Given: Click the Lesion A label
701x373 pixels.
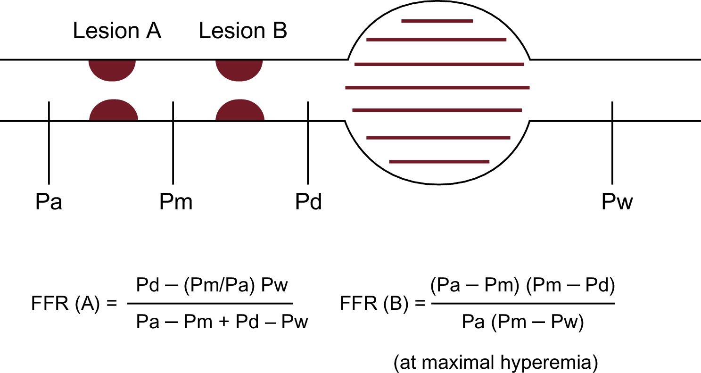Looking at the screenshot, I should pos(117,32).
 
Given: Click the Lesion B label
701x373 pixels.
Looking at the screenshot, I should pos(243,32).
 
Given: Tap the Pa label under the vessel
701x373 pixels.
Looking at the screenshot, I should pos(49,202).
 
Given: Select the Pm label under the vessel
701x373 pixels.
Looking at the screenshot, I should pos(176,202).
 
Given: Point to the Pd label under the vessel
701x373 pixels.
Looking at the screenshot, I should pos(308,202).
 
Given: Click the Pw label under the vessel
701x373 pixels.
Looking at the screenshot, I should pos(617,202).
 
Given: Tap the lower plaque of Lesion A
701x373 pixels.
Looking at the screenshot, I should pos(114,111).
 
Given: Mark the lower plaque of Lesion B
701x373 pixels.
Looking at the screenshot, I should pos(240,111).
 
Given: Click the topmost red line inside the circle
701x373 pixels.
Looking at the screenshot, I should pos(437,21).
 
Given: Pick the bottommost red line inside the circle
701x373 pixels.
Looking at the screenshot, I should pos(439,162).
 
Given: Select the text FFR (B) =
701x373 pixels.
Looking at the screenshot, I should pos(381,303).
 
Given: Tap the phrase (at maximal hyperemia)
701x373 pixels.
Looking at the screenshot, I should pos(495,362).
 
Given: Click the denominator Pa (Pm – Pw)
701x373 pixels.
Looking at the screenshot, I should pos(523,323).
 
